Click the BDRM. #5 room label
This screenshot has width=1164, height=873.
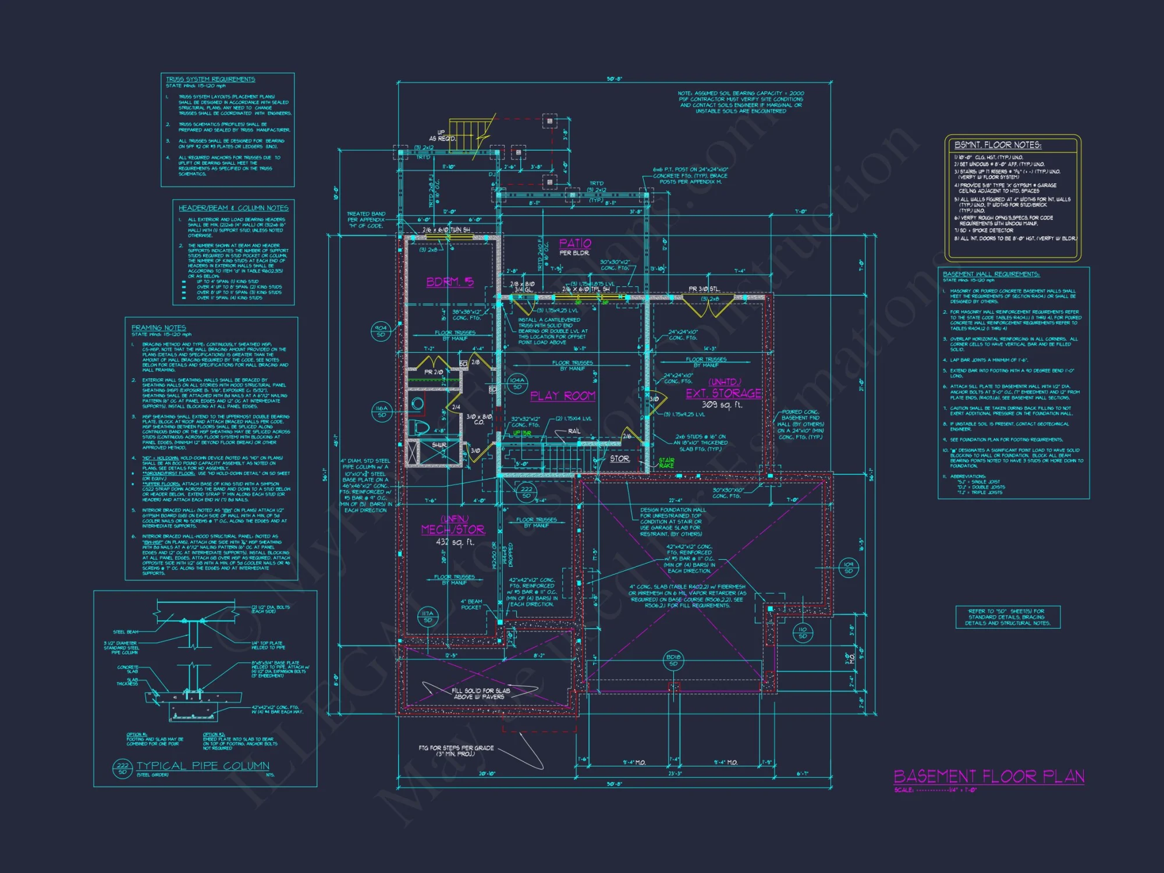pos(450,282)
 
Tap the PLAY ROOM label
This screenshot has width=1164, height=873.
pos(562,396)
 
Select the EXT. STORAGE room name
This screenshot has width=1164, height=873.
pos(723,393)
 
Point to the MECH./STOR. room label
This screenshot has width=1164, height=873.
pos(453,530)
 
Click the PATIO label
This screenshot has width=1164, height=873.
pos(575,243)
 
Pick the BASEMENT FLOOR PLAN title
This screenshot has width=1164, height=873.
pos(989,776)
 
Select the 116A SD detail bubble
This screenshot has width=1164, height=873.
pos(381,411)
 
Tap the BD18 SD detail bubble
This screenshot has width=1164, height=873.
pos(673,660)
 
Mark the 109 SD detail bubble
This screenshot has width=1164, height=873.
pos(848,567)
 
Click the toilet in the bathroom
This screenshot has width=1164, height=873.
pos(420,428)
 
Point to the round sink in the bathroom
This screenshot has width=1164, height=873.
pos(417,403)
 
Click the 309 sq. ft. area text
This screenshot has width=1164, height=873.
pos(722,405)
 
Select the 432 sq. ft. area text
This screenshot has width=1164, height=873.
pos(455,542)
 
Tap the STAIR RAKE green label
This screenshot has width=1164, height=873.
pos(666,463)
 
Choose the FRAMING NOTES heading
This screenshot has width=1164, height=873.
pos(158,328)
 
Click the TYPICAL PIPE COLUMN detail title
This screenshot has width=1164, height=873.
pos(203,766)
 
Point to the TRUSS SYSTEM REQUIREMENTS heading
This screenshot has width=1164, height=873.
pos(210,79)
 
